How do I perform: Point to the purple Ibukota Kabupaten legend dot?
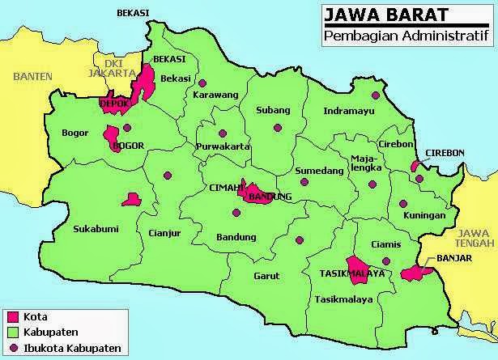pyautogui.click(x=12, y=348)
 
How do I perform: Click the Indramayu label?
pyautogui.click(x=348, y=111)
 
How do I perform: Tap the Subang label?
pyautogui.click(x=271, y=110)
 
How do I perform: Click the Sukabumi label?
pyautogui.click(x=92, y=229)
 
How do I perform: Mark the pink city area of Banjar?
pyautogui.click(x=413, y=273)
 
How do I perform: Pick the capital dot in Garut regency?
pyautogui.click(x=300, y=239)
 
